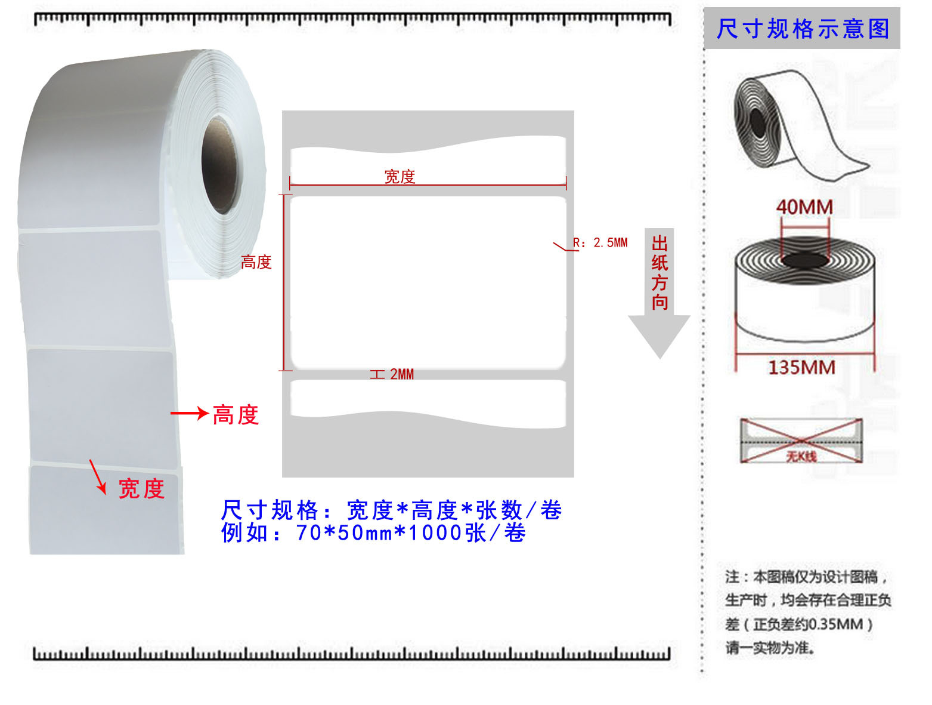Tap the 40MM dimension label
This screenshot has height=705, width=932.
click(804, 207)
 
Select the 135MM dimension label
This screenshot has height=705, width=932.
click(801, 367)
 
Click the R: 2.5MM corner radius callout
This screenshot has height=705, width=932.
click(600, 243)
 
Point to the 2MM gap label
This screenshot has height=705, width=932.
click(401, 374)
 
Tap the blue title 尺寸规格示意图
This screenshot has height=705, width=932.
click(803, 29)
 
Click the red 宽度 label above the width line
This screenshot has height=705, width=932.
click(400, 177)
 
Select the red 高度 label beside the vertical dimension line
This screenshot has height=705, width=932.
click(256, 262)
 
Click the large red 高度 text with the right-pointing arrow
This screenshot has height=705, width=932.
click(236, 415)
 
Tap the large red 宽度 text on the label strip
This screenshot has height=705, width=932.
click(142, 489)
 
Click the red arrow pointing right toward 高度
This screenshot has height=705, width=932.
click(188, 413)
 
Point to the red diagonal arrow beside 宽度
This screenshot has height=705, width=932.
click(97, 476)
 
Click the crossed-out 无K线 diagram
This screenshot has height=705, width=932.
click(801, 441)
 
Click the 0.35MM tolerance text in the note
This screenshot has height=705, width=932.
click(835, 624)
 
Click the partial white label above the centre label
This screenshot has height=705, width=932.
click(428, 158)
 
